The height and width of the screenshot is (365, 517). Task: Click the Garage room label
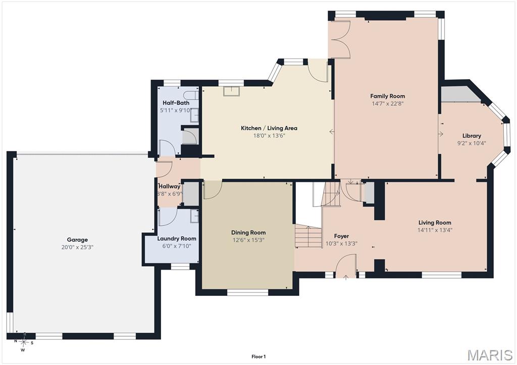point(77,240)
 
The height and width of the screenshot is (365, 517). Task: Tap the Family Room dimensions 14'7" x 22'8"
point(387,103)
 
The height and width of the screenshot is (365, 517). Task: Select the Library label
point(472,136)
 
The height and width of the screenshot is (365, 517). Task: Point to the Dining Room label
point(248,233)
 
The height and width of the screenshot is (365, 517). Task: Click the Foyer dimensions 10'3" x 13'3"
point(341,244)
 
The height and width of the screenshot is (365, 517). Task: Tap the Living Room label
point(435,222)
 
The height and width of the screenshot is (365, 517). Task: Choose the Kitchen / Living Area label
point(269,128)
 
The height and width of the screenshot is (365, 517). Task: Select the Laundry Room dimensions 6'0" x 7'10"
point(176,246)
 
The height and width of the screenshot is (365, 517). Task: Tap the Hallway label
point(170,187)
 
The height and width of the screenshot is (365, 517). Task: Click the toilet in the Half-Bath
point(191,95)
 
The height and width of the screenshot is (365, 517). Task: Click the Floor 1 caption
point(258,356)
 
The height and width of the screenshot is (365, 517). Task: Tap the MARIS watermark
point(490,355)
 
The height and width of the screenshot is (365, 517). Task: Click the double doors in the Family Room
point(341,40)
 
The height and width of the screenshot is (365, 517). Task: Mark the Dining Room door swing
point(213,190)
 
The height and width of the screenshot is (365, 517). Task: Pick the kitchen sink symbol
point(231,91)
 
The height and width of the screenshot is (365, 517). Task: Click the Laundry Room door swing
point(168,217)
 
